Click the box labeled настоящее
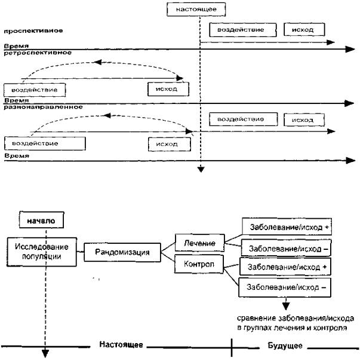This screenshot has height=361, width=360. (x=196, y=10)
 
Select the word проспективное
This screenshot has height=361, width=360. (x=33, y=31)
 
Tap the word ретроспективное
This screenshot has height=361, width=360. (x=38, y=53)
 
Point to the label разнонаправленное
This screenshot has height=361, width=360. (x=43, y=107)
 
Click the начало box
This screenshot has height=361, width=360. (x=41, y=220)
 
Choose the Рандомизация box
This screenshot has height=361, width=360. (x=122, y=252)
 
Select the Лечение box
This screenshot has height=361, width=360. (x=199, y=243)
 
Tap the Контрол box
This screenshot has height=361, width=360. (x=199, y=264)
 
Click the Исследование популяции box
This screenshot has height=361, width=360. (x=42, y=252)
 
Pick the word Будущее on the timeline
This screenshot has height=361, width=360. (x=285, y=345)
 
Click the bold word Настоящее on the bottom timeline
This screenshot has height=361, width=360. (x=121, y=345)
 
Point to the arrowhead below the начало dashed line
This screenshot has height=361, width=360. (x=45, y=354)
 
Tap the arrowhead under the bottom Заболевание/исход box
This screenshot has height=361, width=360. (x=286, y=306)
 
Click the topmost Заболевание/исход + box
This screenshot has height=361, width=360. (x=287, y=227)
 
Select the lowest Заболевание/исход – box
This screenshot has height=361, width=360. (x=285, y=287)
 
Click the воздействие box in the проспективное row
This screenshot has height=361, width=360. (x=243, y=30)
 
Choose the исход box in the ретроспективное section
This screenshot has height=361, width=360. (x=168, y=89)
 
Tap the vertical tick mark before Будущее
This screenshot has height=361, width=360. (x=232, y=347)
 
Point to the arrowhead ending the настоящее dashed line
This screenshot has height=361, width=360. (x=201, y=170)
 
